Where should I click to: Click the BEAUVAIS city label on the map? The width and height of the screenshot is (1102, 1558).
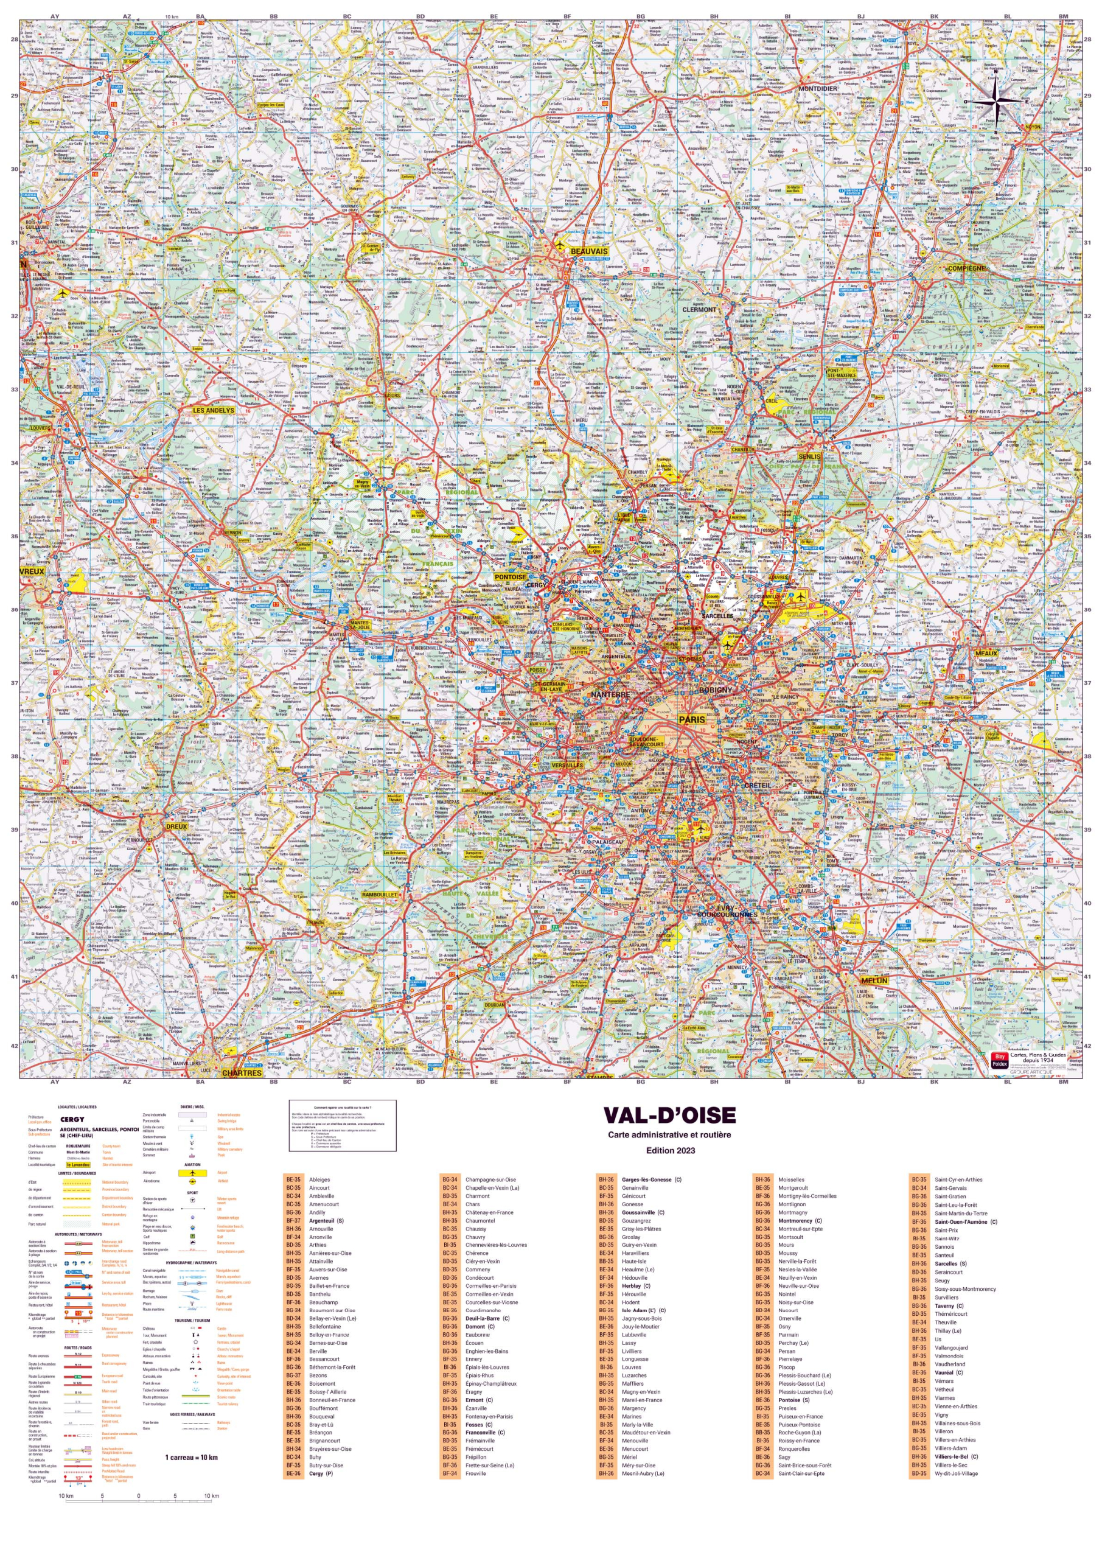(x=588, y=251)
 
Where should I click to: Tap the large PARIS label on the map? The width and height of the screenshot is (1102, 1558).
(x=692, y=719)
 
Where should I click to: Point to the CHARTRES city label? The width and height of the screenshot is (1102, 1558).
(x=242, y=1073)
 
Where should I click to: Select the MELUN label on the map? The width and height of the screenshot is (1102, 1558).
(x=874, y=980)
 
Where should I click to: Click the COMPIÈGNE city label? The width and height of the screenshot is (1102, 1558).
(x=966, y=268)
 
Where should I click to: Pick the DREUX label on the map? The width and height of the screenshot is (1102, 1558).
(x=176, y=826)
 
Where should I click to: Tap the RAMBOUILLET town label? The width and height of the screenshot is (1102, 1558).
(x=379, y=895)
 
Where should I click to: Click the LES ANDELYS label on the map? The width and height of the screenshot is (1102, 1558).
(x=213, y=411)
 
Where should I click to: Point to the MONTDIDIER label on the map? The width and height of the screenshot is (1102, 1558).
(x=818, y=88)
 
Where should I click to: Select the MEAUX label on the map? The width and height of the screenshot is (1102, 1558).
(x=986, y=654)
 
